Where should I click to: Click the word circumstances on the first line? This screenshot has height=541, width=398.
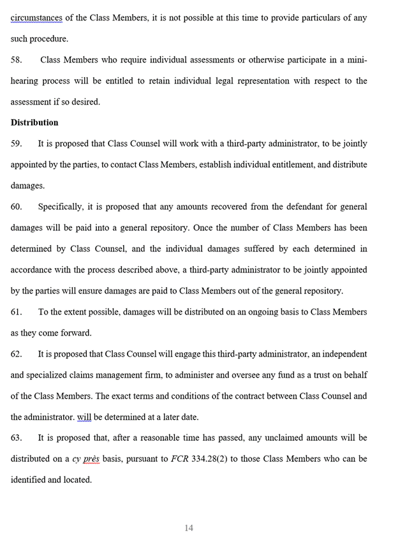(x=36, y=18)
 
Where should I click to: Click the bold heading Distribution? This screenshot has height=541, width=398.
(x=34, y=122)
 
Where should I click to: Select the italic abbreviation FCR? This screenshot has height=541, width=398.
(x=181, y=459)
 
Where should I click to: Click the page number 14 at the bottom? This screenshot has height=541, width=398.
(x=188, y=528)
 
